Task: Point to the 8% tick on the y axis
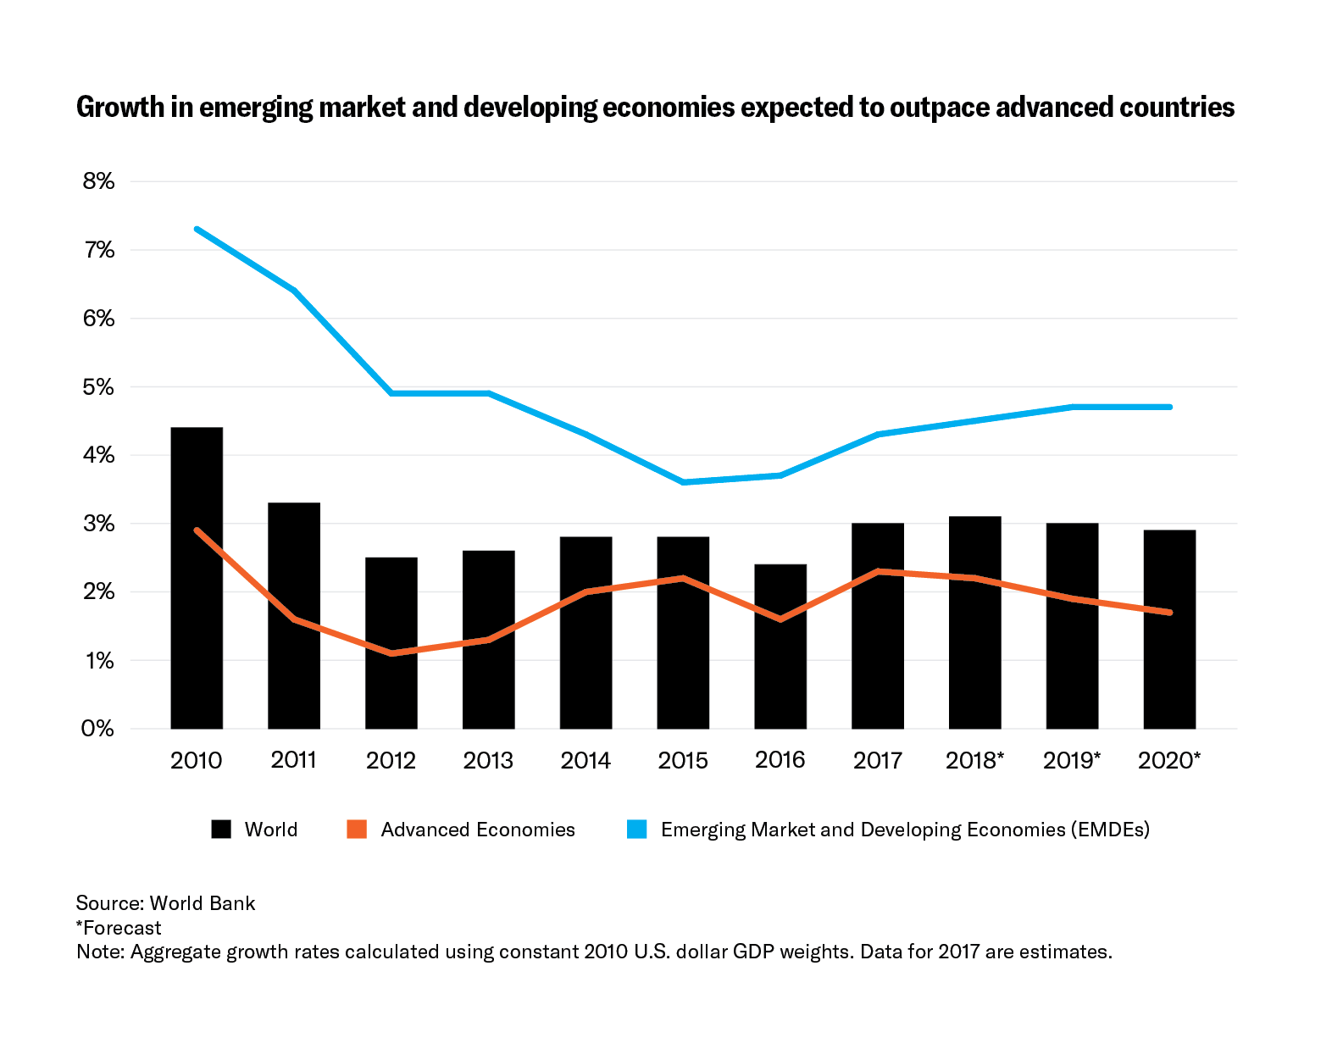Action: (x=98, y=181)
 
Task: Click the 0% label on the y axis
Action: (x=98, y=729)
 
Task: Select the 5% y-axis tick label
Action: (x=98, y=387)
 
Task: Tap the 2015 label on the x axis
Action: (x=683, y=760)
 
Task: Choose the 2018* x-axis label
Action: (x=974, y=760)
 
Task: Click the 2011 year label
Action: (x=293, y=760)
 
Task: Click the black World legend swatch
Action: (x=221, y=830)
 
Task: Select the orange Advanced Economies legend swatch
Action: (x=357, y=830)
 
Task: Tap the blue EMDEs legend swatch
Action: (x=636, y=830)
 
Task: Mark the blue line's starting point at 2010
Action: (x=197, y=229)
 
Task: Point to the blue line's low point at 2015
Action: (x=683, y=482)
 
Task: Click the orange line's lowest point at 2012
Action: (x=391, y=653)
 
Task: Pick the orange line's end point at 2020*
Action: (x=1170, y=612)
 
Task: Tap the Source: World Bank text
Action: (x=165, y=903)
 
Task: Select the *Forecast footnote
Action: (x=119, y=928)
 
